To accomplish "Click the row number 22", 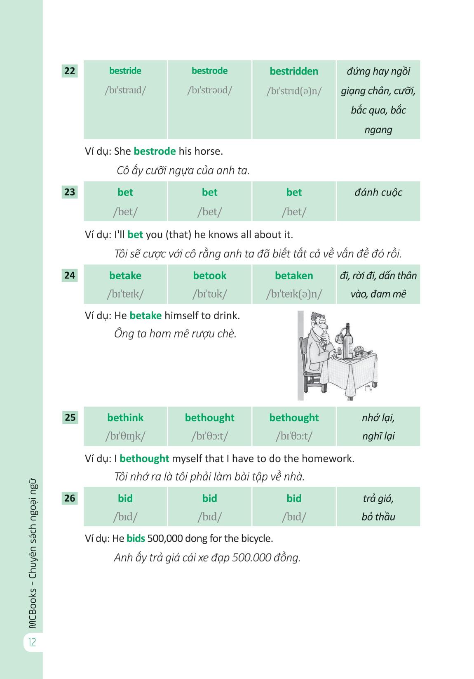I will pyautogui.click(x=70, y=71).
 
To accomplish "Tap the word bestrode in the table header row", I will pyautogui.click(x=209, y=71).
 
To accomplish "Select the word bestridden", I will pyautogui.click(x=294, y=71).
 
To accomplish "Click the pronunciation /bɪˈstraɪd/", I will pyautogui.click(x=125, y=90).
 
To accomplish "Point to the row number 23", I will pyautogui.click(x=70, y=192).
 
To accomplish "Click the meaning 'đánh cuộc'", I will pyautogui.click(x=378, y=192).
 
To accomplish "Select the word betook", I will pyautogui.click(x=209, y=276).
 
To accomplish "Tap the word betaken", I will pyautogui.click(x=294, y=276).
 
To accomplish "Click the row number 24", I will pyautogui.click(x=70, y=275).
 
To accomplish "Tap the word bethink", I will pyautogui.click(x=125, y=417).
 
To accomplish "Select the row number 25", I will pyautogui.click(x=70, y=417).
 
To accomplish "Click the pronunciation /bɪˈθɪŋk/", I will pyautogui.click(x=125, y=436).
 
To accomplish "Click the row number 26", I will pyautogui.click(x=70, y=498).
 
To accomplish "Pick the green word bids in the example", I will pyautogui.click(x=136, y=538).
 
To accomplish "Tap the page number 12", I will pyautogui.click(x=32, y=642).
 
